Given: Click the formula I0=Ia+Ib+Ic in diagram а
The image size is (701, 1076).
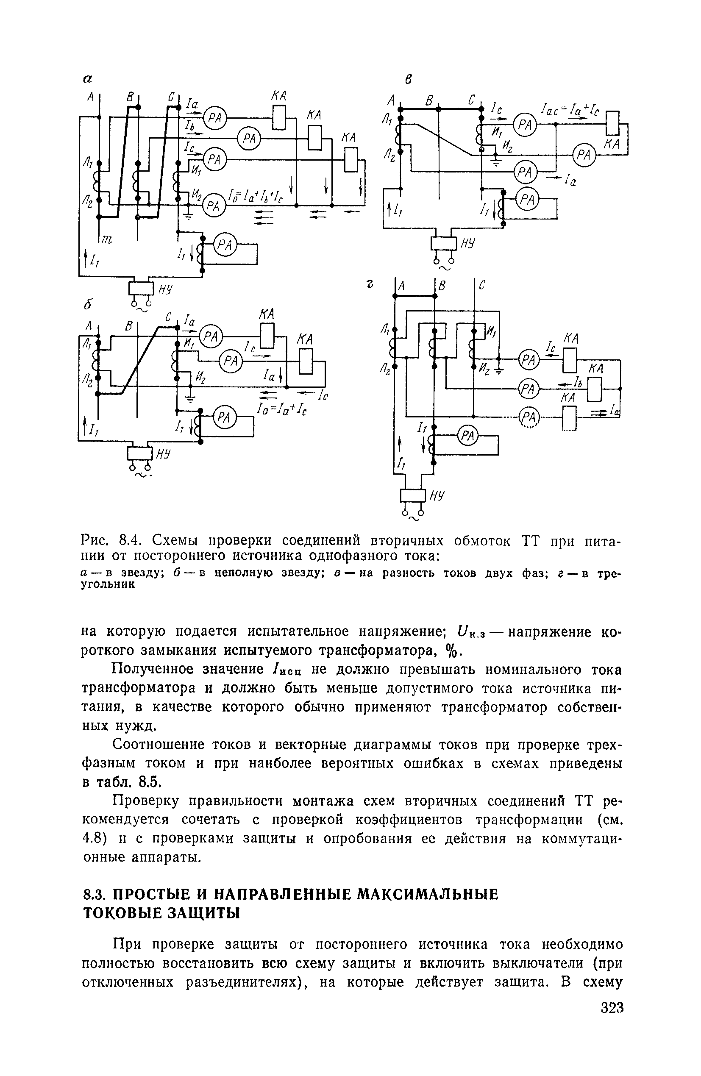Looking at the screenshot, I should click(256, 197).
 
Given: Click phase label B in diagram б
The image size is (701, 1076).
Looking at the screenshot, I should click(129, 326).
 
